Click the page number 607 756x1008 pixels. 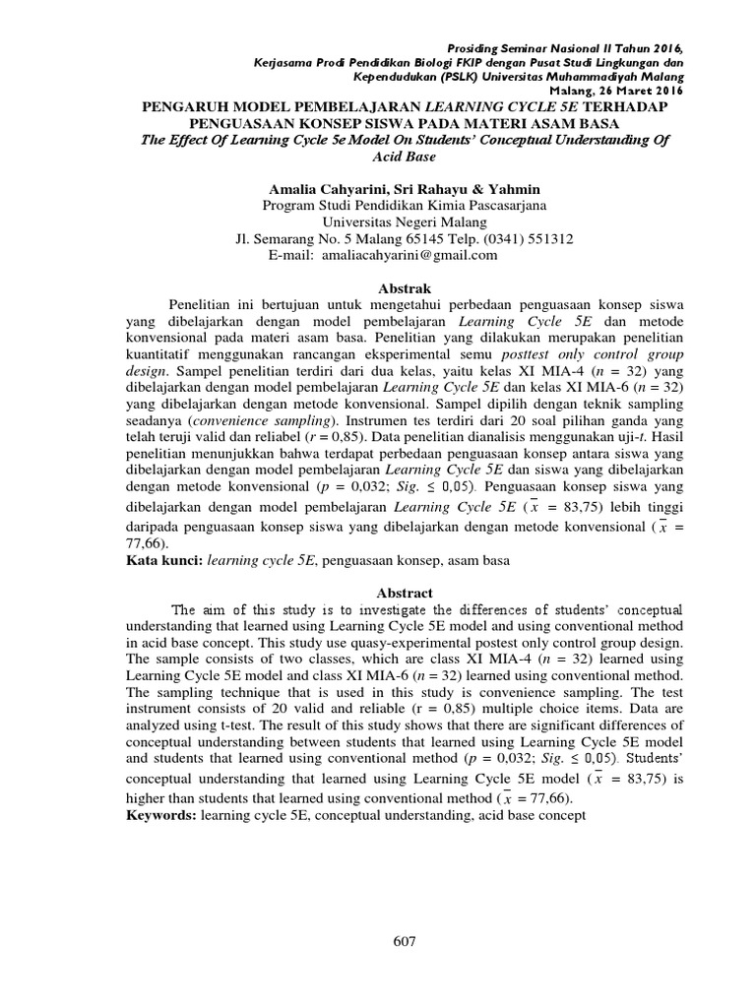[x=405, y=941]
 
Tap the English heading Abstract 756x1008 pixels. [x=405, y=593]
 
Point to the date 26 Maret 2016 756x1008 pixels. [x=638, y=91]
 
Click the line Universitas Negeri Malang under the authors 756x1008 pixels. [x=405, y=221]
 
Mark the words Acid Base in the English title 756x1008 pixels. [x=405, y=157]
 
